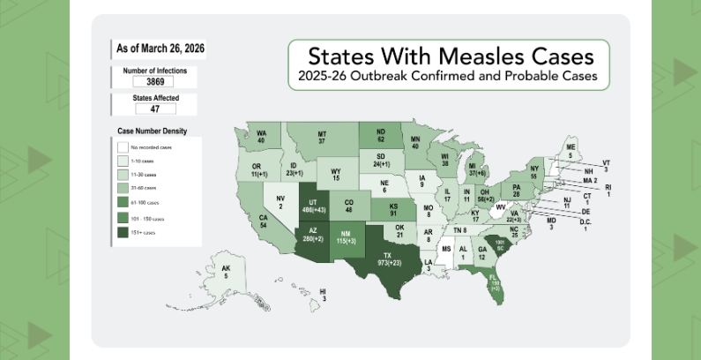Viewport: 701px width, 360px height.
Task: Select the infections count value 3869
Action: coord(144,81)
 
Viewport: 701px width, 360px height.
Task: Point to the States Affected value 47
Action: coord(144,109)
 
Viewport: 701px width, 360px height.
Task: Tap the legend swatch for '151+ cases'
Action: coord(122,233)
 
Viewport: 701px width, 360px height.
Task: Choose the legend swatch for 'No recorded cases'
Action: coord(122,147)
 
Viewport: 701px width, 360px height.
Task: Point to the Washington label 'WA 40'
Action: coord(262,137)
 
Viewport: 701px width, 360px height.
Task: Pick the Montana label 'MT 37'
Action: coord(322,138)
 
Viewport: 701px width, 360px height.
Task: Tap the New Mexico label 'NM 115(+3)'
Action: coord(351,236)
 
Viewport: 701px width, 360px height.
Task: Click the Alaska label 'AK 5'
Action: coord(226,272)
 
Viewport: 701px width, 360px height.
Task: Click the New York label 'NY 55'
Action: coord(533,171)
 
